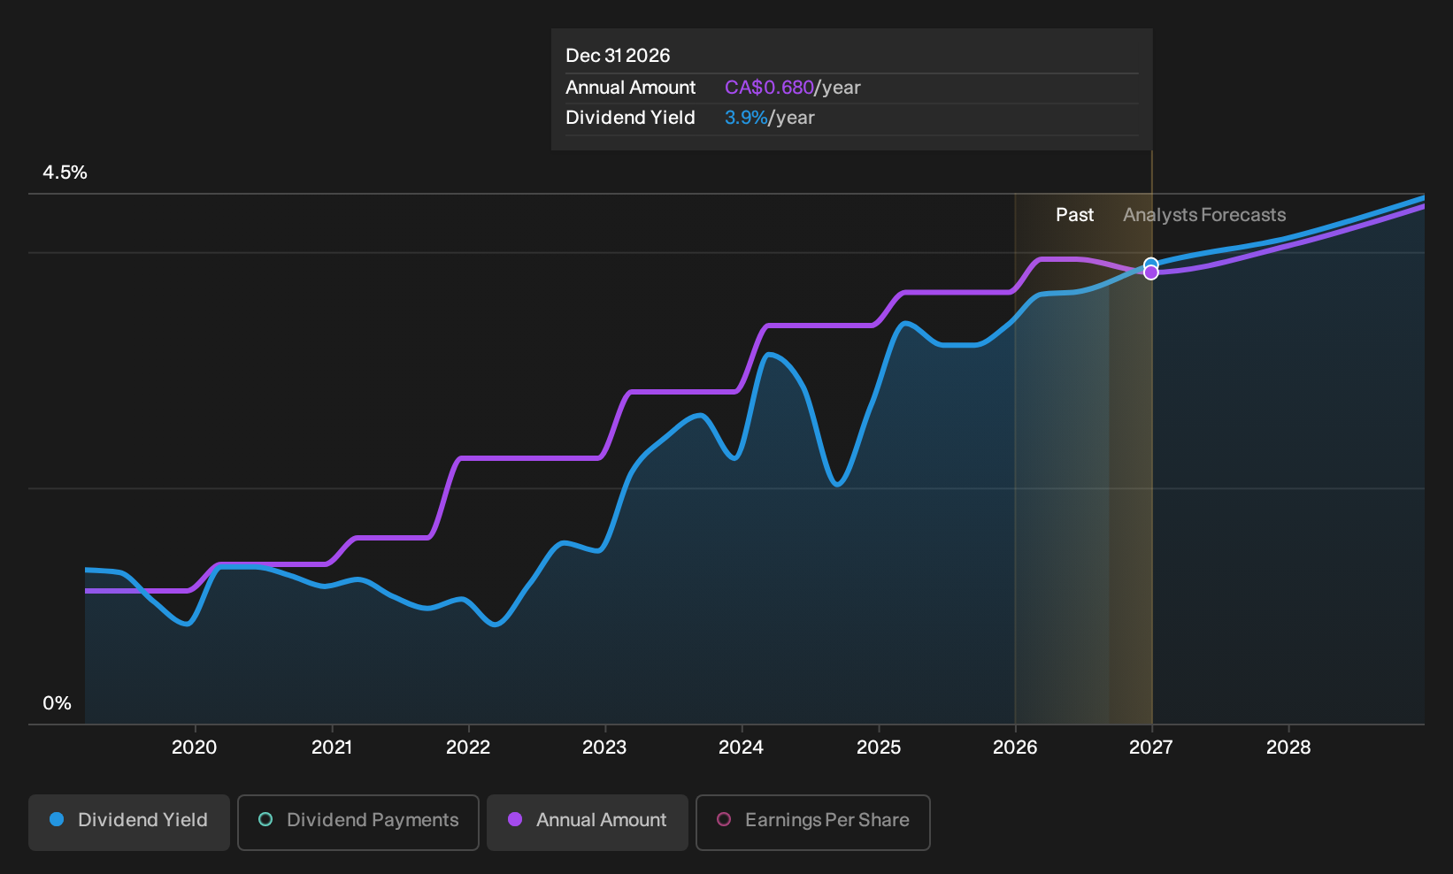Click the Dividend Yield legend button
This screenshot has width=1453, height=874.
point(129,822)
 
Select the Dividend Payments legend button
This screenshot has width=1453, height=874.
point(358,822)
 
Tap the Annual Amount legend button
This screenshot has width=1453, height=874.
point(587,822)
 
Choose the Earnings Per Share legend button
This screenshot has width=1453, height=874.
point(812,822)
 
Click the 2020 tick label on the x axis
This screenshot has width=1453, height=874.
point(195,747)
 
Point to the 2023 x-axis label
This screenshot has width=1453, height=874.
point(604,747)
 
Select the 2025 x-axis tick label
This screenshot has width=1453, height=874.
point(879,747)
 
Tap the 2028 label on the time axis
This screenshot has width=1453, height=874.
point(1289,747)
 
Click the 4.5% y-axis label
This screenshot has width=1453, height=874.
point(65,172)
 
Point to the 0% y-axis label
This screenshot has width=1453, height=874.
point(58,703)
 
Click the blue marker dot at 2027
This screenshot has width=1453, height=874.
point(1150,264)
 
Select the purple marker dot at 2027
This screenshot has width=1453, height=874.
point(1150,273)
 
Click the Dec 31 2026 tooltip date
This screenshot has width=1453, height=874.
point(618,56)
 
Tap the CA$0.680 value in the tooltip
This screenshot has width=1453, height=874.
point(769,88)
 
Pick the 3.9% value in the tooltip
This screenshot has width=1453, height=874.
point(746,118)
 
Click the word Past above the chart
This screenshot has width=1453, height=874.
point(1075,215)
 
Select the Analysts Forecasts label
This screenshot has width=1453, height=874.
point(1204,215)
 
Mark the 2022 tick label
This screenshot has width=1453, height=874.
point(468,747)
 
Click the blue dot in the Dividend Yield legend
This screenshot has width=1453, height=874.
point(58,819)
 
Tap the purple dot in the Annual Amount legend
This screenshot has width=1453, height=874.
point(515,819)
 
